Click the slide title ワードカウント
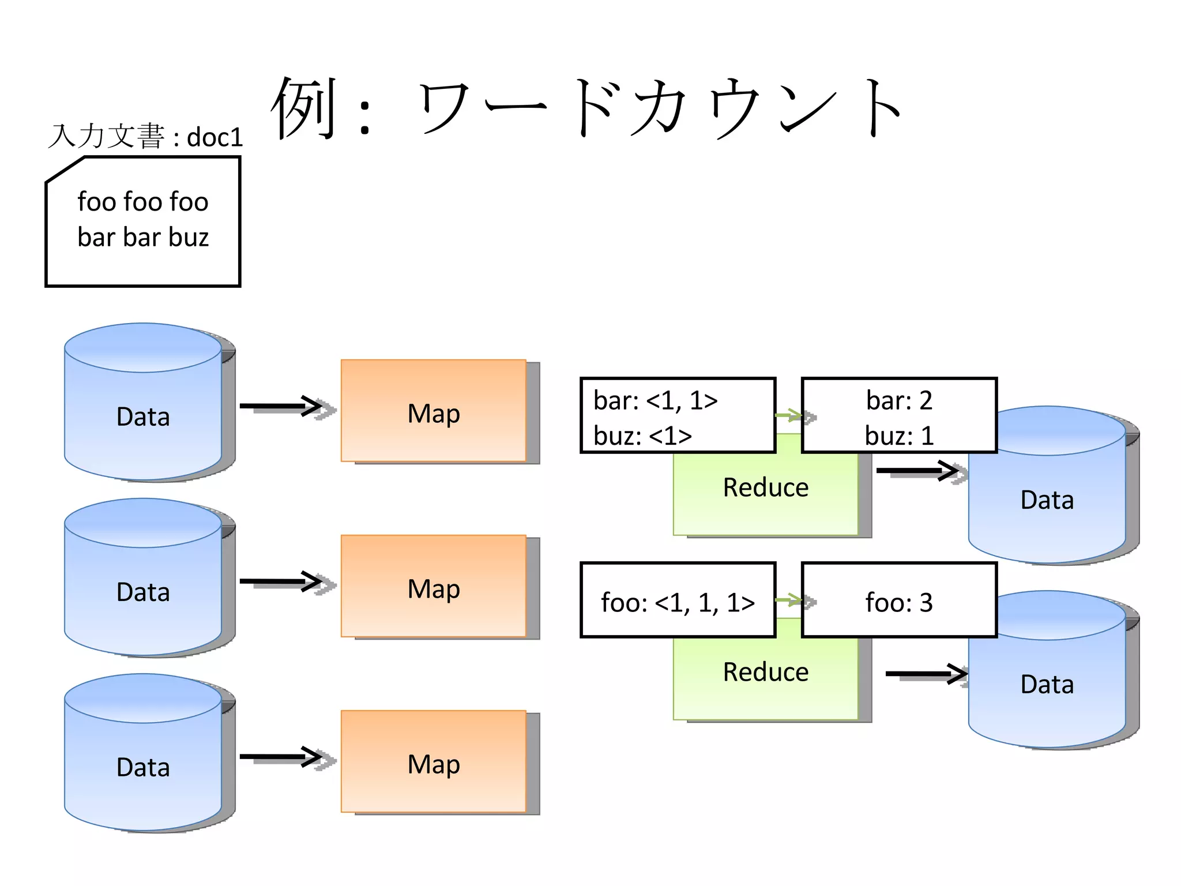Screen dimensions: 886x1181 pos(588,108)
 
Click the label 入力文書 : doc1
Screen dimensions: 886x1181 pos(145,137)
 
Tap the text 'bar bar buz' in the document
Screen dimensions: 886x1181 pos(143,238)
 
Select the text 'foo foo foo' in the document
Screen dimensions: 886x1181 pos(143,202)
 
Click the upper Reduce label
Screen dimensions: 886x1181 pos(766,488)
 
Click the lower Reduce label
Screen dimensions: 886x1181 pos(766,673)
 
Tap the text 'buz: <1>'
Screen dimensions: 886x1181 pos(642,436)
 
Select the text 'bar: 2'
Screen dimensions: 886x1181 pos(898,400)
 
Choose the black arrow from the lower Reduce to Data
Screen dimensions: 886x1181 pos(926,673)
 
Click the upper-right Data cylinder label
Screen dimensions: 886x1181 pos(1047,500)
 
